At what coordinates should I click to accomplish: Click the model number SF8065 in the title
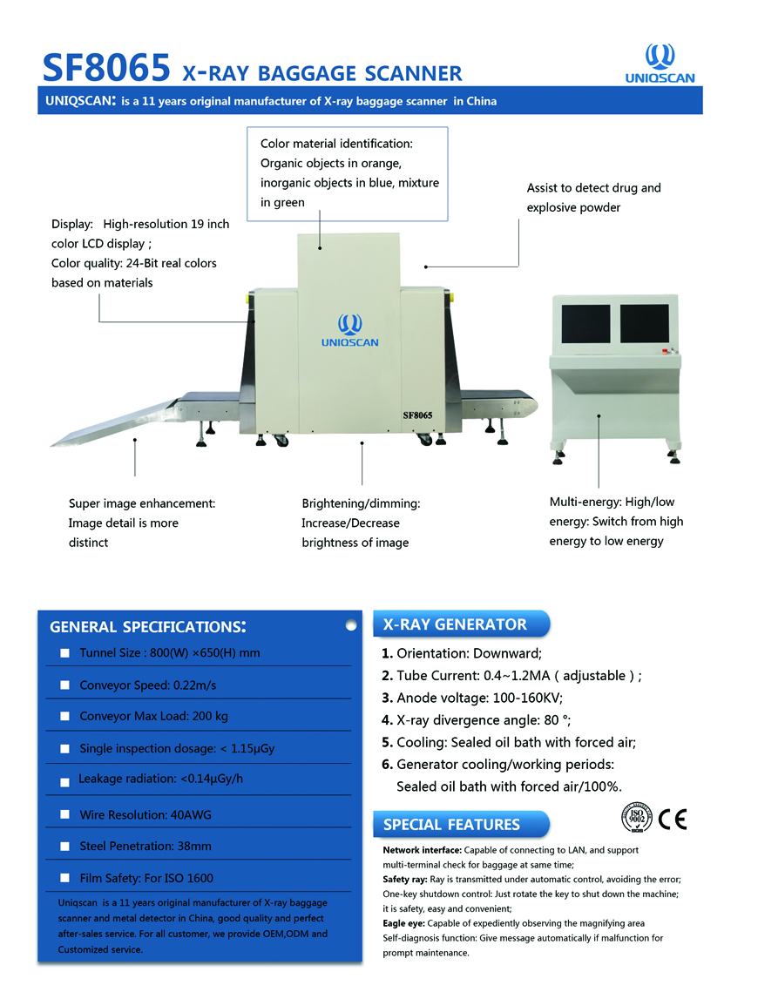point(106,67)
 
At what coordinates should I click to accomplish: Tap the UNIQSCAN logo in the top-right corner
point(660,64)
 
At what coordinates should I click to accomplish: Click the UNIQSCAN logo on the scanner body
point(350,330)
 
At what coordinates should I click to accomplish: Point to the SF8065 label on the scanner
point(417,415)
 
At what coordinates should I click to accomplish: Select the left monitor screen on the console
point(585,323)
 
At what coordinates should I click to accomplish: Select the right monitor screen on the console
point(644,322)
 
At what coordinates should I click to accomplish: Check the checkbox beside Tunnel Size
point(64,653)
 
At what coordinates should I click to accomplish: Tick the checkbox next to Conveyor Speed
point(64,685)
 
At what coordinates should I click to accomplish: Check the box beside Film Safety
point(64,878)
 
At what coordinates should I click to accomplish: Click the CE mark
point(673,820)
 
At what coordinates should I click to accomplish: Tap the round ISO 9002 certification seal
point(637,818)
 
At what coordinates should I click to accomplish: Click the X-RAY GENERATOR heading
point(455,624)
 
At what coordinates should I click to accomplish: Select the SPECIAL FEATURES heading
point(452,825)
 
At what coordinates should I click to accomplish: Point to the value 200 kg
point(210,716)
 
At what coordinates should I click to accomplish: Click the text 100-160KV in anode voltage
point(528,698)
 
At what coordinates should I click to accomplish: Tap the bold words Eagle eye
point(403,924)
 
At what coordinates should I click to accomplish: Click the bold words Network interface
point(422,850)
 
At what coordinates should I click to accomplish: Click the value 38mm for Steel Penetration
point(194,846)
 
